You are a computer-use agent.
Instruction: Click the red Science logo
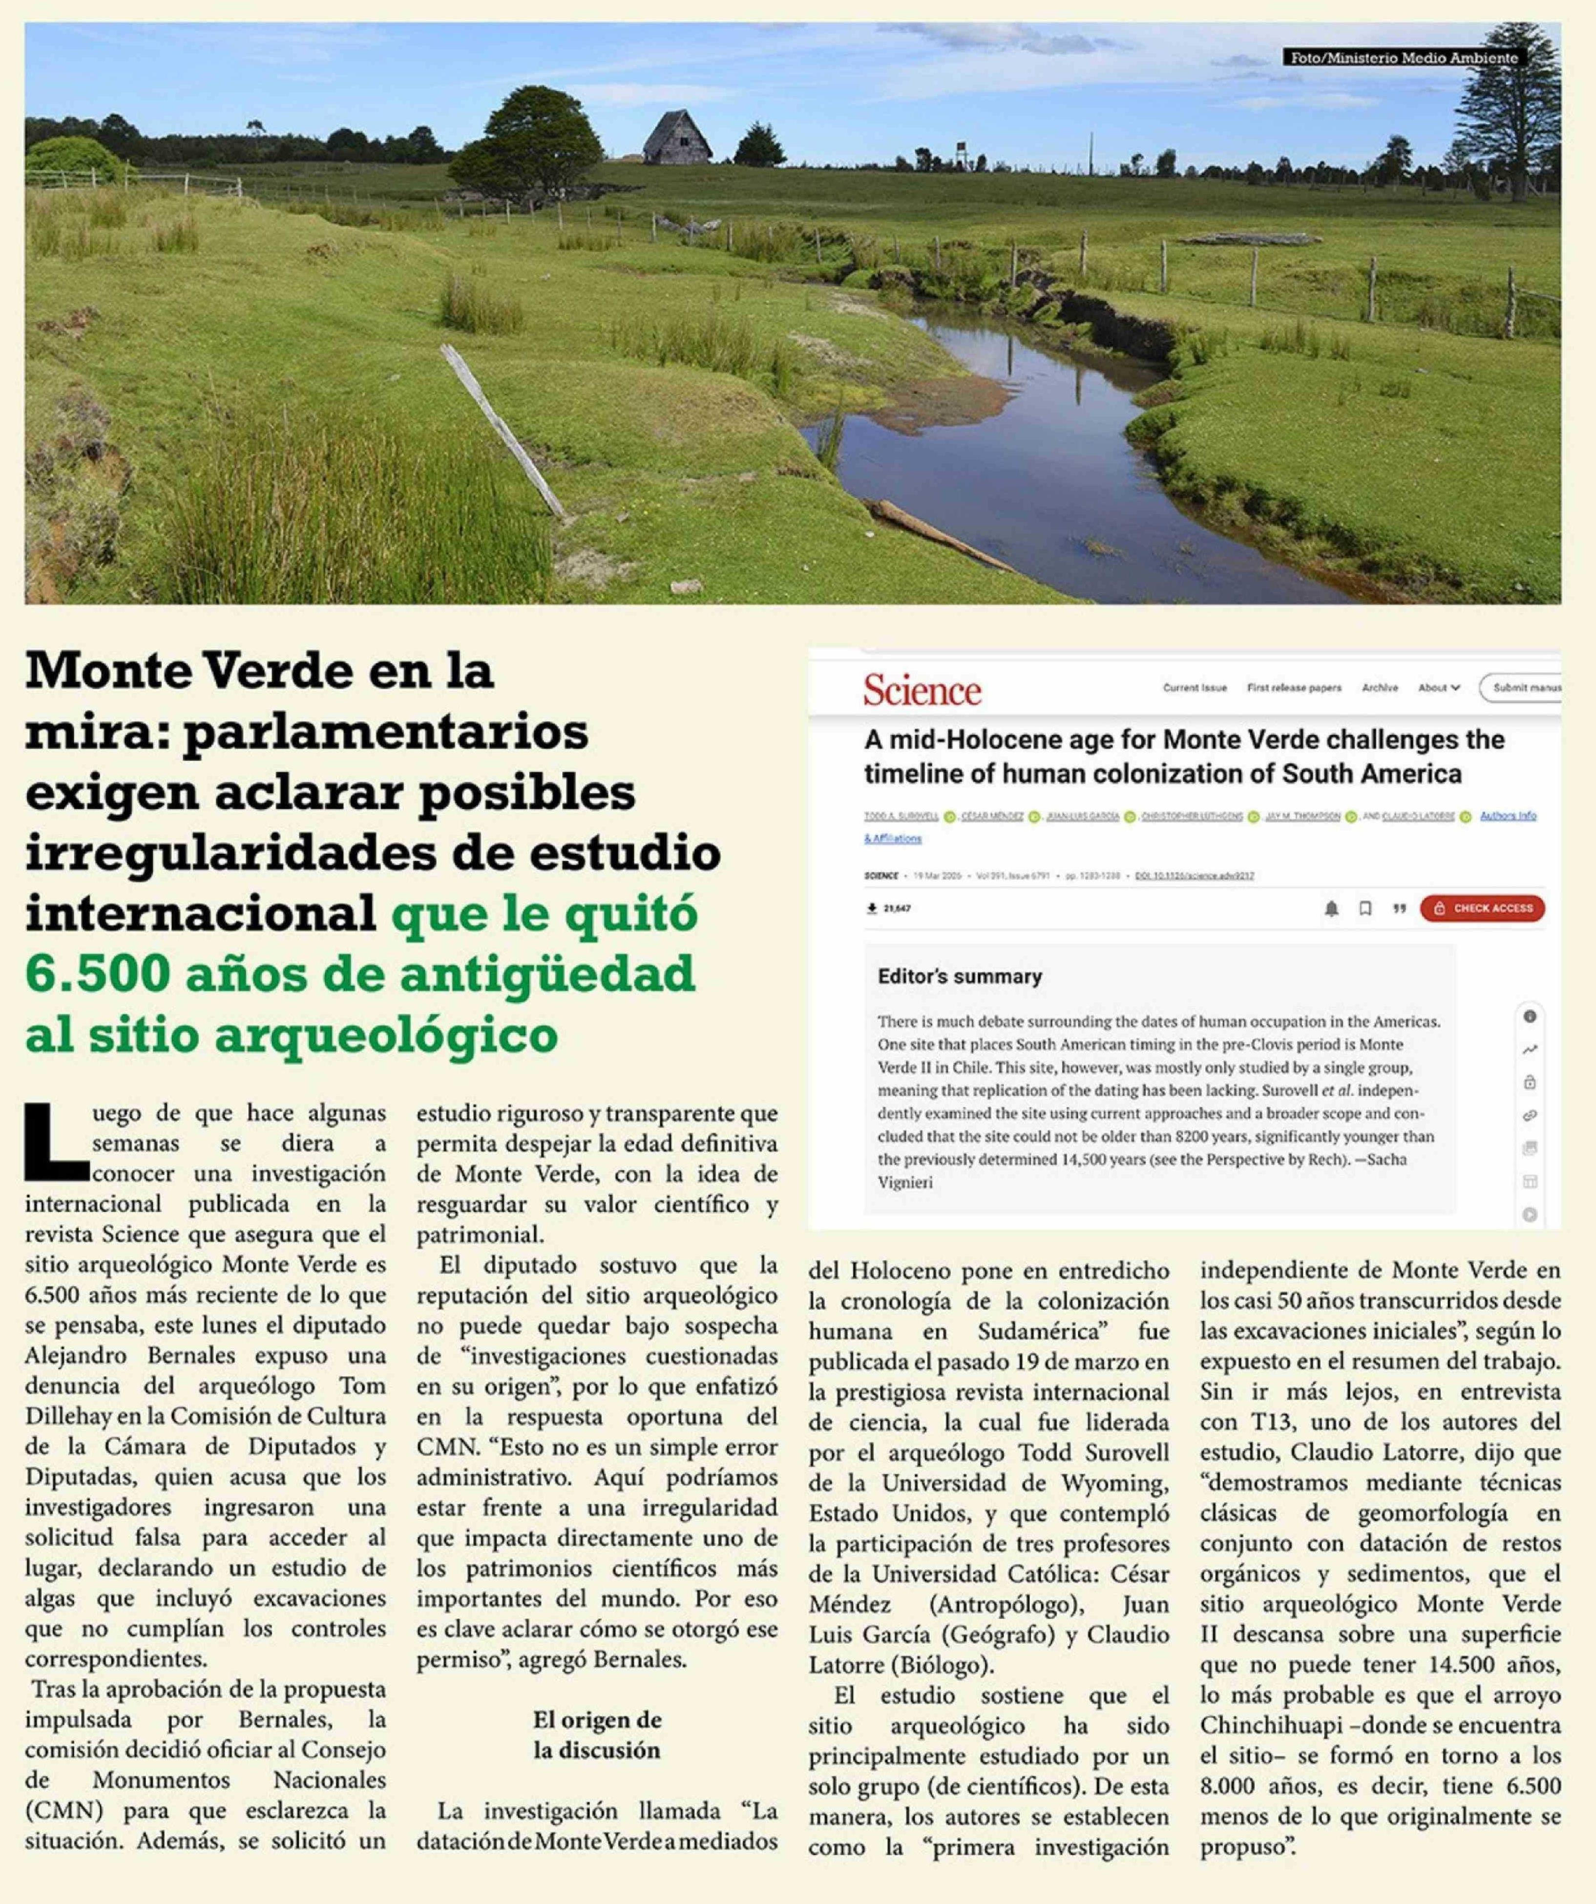coord(922,691)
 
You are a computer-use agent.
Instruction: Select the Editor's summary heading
coord(960,976)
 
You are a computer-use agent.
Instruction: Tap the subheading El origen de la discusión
coord(597,1736)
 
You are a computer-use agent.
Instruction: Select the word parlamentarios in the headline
coord(386,732)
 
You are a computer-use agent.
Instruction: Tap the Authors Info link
coord(1508,816)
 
